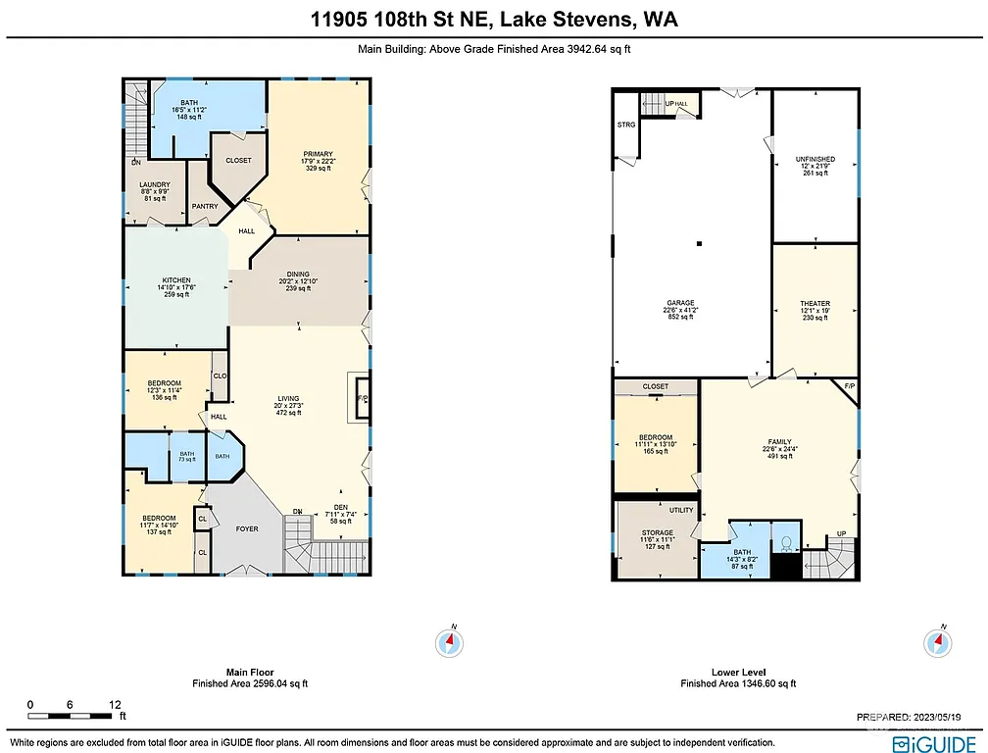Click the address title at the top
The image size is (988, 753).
[x=494, y=20]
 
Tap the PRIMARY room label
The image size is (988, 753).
[x=318, y=154]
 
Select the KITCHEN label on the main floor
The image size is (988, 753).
[x=176, y=279]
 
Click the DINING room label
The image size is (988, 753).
[x=298, y=275]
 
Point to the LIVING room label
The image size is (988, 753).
[x=287, y=399]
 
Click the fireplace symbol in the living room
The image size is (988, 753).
[x=361, y=399]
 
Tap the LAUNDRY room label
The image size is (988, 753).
[x=155, y=184]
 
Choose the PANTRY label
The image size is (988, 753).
[x=205, y=206]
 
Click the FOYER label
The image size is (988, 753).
[x=247, y=528]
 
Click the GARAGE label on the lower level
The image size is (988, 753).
[x=681, y=303]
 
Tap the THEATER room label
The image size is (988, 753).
[x=815, y=304]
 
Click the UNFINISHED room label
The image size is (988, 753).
[x=815, y=159]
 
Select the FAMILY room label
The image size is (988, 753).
[x=779, y=442]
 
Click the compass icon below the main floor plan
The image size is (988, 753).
[x=449, y=642]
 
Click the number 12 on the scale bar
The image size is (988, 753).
[x=115, y=704]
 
